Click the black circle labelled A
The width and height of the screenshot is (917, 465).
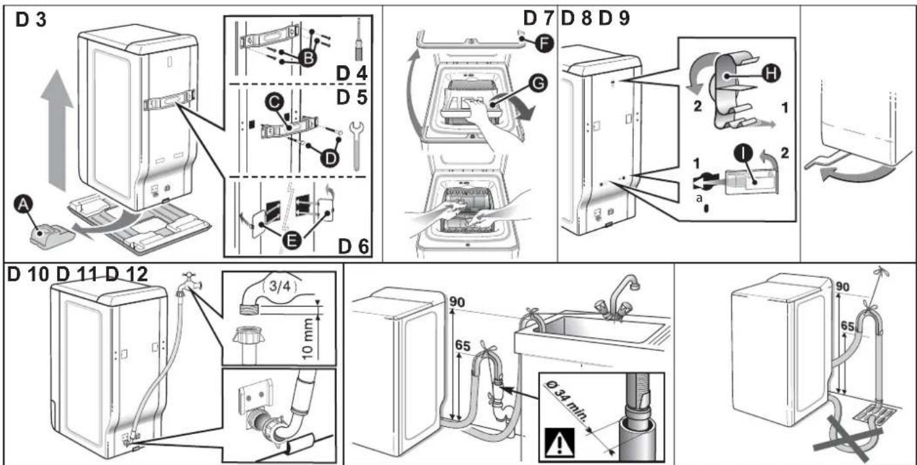click(24, 204)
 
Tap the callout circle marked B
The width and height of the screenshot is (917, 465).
click(307, 59)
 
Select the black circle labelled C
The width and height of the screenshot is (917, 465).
click(274, 103)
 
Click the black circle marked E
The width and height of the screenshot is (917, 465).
click(291, 240)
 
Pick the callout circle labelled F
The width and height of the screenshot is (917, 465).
click(545, 43)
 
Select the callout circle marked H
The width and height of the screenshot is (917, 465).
click(771, 74)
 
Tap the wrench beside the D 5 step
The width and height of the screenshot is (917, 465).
click(356, 145)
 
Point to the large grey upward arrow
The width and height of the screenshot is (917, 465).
click(57, 130)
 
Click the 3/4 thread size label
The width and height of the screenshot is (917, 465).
click(280, 286)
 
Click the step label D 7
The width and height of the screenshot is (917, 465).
click(538, 18)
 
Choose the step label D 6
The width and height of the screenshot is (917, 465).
click(353, 247)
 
